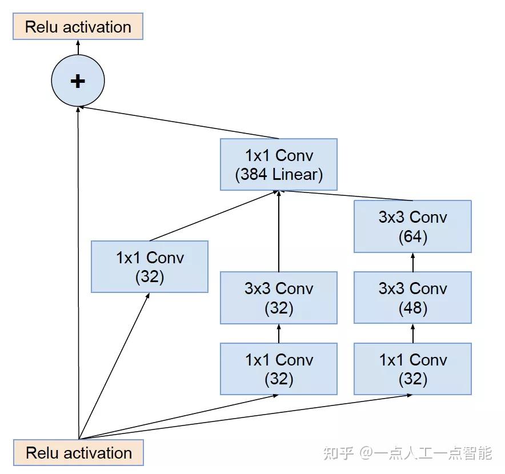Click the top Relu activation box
(x=78, y=27)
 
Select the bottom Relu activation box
(x=79, y=453)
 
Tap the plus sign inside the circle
(x=78, y=81)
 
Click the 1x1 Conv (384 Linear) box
(x=279, y=164)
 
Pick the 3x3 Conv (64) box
(x=412, y=226)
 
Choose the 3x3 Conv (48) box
(x=412, y=298)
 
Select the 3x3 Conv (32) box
(x=279, y=298)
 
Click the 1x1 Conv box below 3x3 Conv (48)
(x=412, y=369)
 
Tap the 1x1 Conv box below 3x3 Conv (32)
(x=279, y=369)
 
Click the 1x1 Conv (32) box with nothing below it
(x=150, y=267)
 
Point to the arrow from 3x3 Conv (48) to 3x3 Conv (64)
(x=412, y=262)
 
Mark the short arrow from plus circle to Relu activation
(x=78, y=47)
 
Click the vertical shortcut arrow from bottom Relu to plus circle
(x=78, y=274)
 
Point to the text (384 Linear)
(x=279, y=174)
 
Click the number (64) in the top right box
(x=412, y=236)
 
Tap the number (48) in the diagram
(x=412, y=308)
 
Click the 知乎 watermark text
(x=339, y=453)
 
